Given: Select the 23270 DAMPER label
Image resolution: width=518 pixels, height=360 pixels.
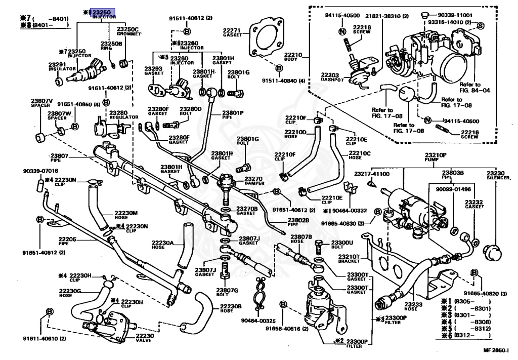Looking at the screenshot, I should [254, 181].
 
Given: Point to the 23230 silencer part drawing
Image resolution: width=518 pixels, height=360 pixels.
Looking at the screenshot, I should [492, 252].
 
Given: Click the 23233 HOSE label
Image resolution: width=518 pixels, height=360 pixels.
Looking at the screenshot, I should [413, 306].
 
